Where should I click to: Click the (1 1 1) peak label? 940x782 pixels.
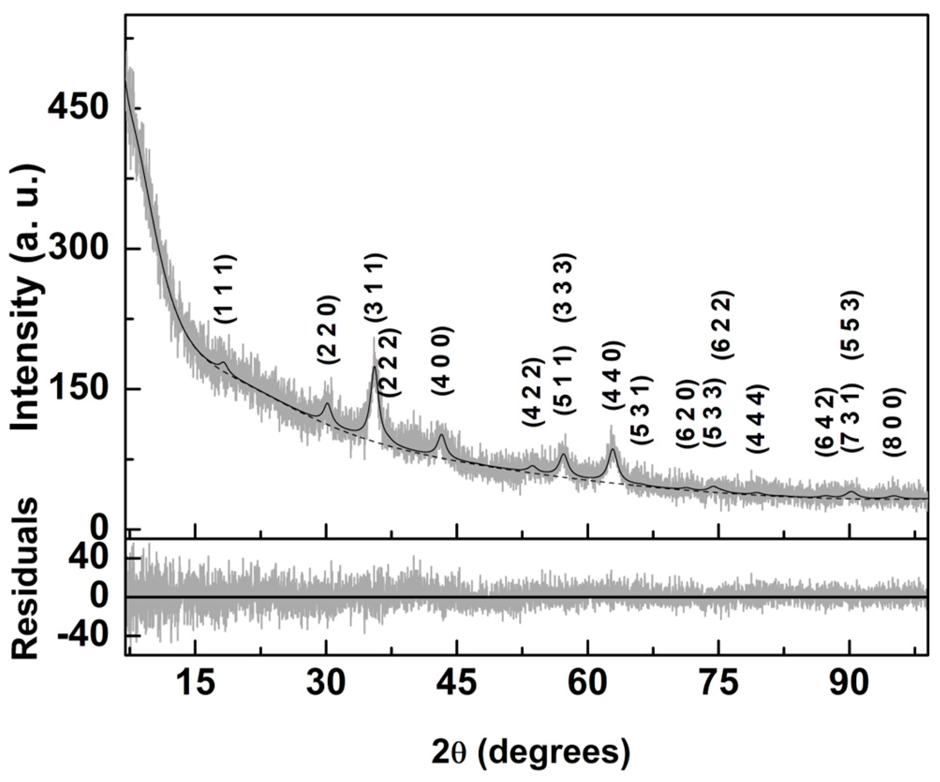click(226, 289)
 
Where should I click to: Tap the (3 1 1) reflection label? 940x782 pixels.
click(376, 287)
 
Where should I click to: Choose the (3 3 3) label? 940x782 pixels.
click(564, 287)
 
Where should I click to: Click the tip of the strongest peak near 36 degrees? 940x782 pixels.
click(374, 368)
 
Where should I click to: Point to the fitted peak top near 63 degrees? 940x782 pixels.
click(612, 449)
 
